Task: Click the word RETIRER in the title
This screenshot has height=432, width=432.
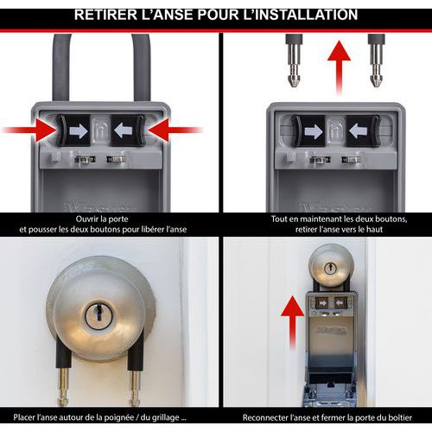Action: coord(105,15)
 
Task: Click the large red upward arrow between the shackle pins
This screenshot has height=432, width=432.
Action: coord(339,68)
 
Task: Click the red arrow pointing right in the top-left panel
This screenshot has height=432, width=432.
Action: coord(29,130)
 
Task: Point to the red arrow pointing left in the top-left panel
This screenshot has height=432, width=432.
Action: coord(175,130)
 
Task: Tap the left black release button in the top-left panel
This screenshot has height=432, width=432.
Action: coord(73,130)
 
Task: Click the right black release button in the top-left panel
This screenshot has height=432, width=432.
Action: coord(128,130)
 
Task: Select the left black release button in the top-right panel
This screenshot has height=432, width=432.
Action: coord(308,131)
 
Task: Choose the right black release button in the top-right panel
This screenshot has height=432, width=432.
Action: coord(363,131)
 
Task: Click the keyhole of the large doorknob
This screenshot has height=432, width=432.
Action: coord(98,314)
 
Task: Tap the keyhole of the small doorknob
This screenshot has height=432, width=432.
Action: coord(330,269)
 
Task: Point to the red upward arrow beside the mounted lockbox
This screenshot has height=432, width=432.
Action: coord(293,323)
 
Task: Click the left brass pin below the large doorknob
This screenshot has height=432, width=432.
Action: coord(63,387)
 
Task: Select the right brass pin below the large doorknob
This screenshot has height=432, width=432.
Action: coord(134,387)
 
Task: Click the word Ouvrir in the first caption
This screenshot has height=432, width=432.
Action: coord(86,219)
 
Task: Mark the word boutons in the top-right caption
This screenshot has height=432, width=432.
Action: coord(391,219)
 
